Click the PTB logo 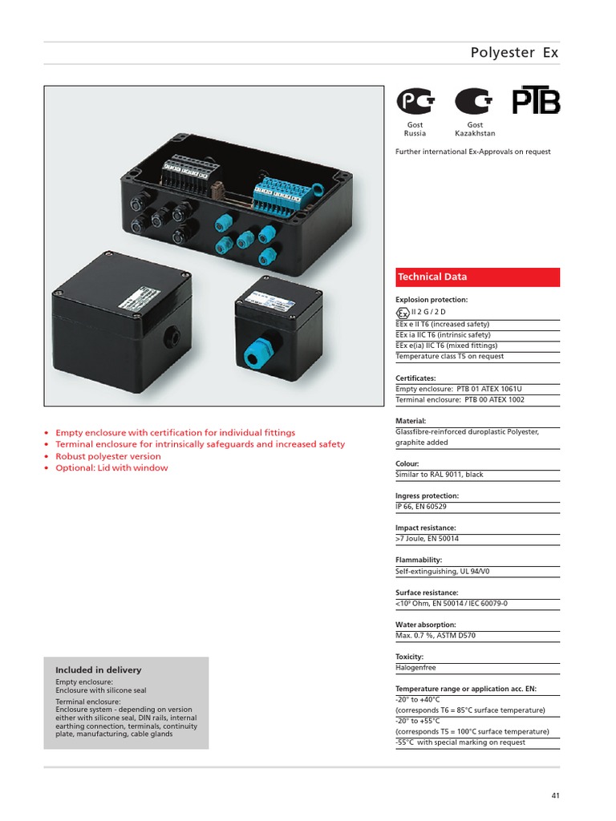(x=536, y=101)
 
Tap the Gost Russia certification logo (x=415, y=102)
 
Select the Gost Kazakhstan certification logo (x=475, y=102)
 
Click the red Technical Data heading (x=432, y=277)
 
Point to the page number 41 (x=555, y=795)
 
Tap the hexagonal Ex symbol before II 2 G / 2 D (x=403, y=313)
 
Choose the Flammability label (x=419, y=560)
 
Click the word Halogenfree (x=415, y=667)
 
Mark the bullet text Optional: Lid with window (x=111, y=468)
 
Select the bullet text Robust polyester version (x=107, y=456)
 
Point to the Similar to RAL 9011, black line (x=439, y=475)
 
